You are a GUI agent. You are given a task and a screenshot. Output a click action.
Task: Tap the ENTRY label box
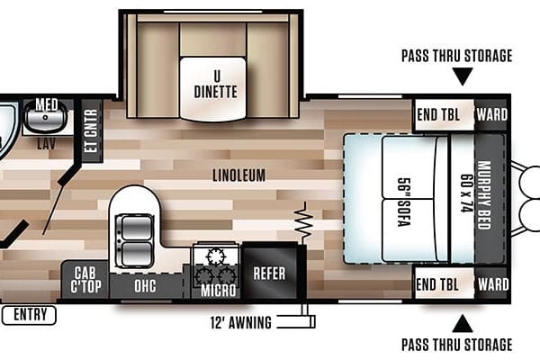click(x=29, y=315)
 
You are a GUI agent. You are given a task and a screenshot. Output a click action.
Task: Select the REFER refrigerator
click(x=270, y=272)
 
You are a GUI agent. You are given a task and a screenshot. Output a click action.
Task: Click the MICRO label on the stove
click(x=219, y=290)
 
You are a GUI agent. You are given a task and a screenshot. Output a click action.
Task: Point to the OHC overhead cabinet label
click(x=145, y=286)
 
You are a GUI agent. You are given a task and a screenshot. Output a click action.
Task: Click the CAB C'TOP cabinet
click(x=85, y=280)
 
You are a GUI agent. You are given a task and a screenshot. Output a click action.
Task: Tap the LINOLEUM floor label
click(x=239, y=175)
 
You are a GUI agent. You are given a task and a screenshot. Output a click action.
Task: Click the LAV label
click(x=47, y=144)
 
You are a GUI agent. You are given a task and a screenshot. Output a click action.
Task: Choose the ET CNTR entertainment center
click(x=92, y=130)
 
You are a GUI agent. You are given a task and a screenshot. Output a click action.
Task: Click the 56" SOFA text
click(x=404, y=202)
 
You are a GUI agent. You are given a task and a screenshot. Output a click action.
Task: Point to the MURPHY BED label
click(x=484, y=195)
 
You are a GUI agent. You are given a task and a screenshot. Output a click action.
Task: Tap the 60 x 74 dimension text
click(x=466, y=193)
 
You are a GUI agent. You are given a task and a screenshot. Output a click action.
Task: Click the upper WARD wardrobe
click(x=491, y=115)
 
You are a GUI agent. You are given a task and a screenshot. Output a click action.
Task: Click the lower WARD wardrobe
click(x=492, y=284)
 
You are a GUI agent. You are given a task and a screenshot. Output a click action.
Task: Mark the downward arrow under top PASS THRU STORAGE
click(x=463, y=76)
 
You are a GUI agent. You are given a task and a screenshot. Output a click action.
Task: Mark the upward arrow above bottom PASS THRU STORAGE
click(x=463, y=324)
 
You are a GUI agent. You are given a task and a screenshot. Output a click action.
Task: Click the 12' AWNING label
click(x=240, y=323)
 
